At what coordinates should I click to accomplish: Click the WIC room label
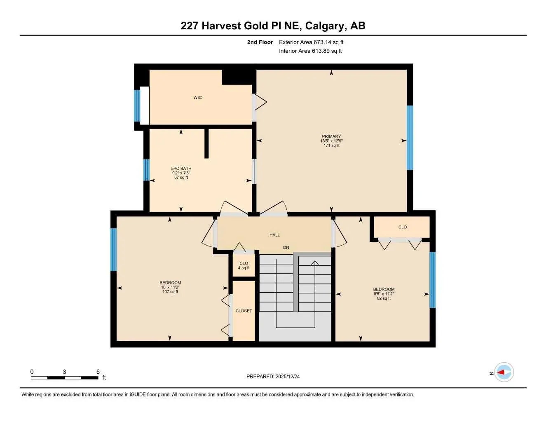click(x=197, y=98)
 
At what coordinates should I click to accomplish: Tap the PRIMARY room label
click(x=331, y=136)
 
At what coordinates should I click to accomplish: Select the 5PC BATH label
click(x=181, y=169)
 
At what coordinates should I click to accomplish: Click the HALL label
click(x=274, y=235)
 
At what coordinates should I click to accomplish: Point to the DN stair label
click(x=286, y=248)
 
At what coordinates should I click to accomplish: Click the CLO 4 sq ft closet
click(x=244, y=265)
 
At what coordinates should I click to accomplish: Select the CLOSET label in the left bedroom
click(x=244, y=311)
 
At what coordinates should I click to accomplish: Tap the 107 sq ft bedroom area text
click(x=170, y=292)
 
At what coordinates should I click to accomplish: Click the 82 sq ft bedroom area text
click(x=384, y=298)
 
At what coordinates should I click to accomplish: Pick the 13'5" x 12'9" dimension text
click(x=331, y=141)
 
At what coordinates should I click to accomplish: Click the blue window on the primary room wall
click(x=410, y=138)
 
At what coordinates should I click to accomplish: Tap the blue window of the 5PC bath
click(x=146, y=170)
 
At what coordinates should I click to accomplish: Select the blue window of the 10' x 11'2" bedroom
click(x=113, y=250)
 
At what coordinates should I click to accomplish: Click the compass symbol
click(x=504, y=373)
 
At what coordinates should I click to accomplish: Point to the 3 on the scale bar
click(x=64, y=372)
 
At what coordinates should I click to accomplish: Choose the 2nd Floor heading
click(x=260, y=42)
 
